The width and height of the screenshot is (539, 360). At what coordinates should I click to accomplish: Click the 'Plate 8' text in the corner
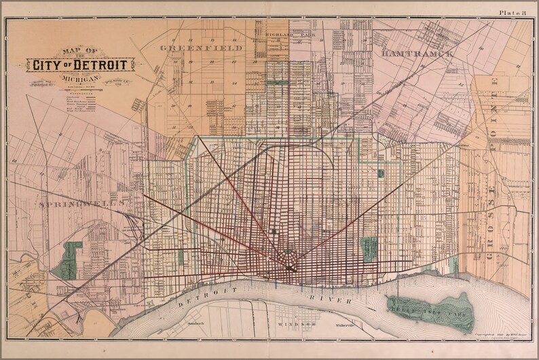click(514, 12)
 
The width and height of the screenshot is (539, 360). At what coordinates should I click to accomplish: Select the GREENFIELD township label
click(193, 48)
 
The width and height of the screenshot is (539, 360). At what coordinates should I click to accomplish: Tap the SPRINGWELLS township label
click(83, 204)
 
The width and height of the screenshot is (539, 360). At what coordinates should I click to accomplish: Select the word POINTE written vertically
click(495, 103)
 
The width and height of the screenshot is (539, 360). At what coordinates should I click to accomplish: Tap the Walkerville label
click(327, 326)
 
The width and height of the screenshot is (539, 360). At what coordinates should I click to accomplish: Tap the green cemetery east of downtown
click(370, 248)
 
